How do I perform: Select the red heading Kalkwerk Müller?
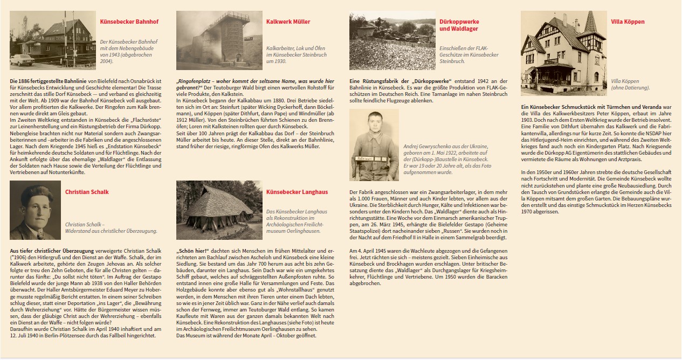[288, 22]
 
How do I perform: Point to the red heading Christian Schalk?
[87, 192]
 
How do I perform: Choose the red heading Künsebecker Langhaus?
[297, 192]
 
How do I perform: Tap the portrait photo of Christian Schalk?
[35, 210]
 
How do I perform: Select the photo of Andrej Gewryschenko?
[374, 144]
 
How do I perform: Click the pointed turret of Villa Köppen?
[589, 22]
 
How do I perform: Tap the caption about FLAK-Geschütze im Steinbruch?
[469, 54]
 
